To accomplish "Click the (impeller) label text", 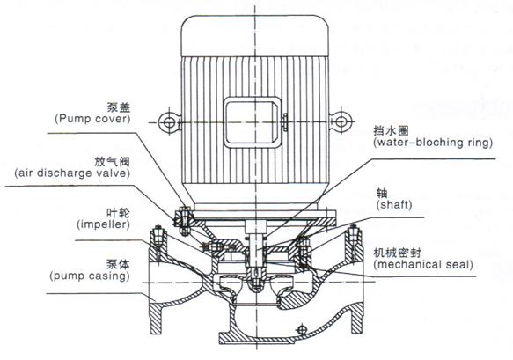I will pos(102,224).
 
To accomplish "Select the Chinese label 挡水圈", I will pos(389,129).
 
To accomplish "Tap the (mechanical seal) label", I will pos(423,263).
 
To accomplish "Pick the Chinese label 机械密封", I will pos(395,250).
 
